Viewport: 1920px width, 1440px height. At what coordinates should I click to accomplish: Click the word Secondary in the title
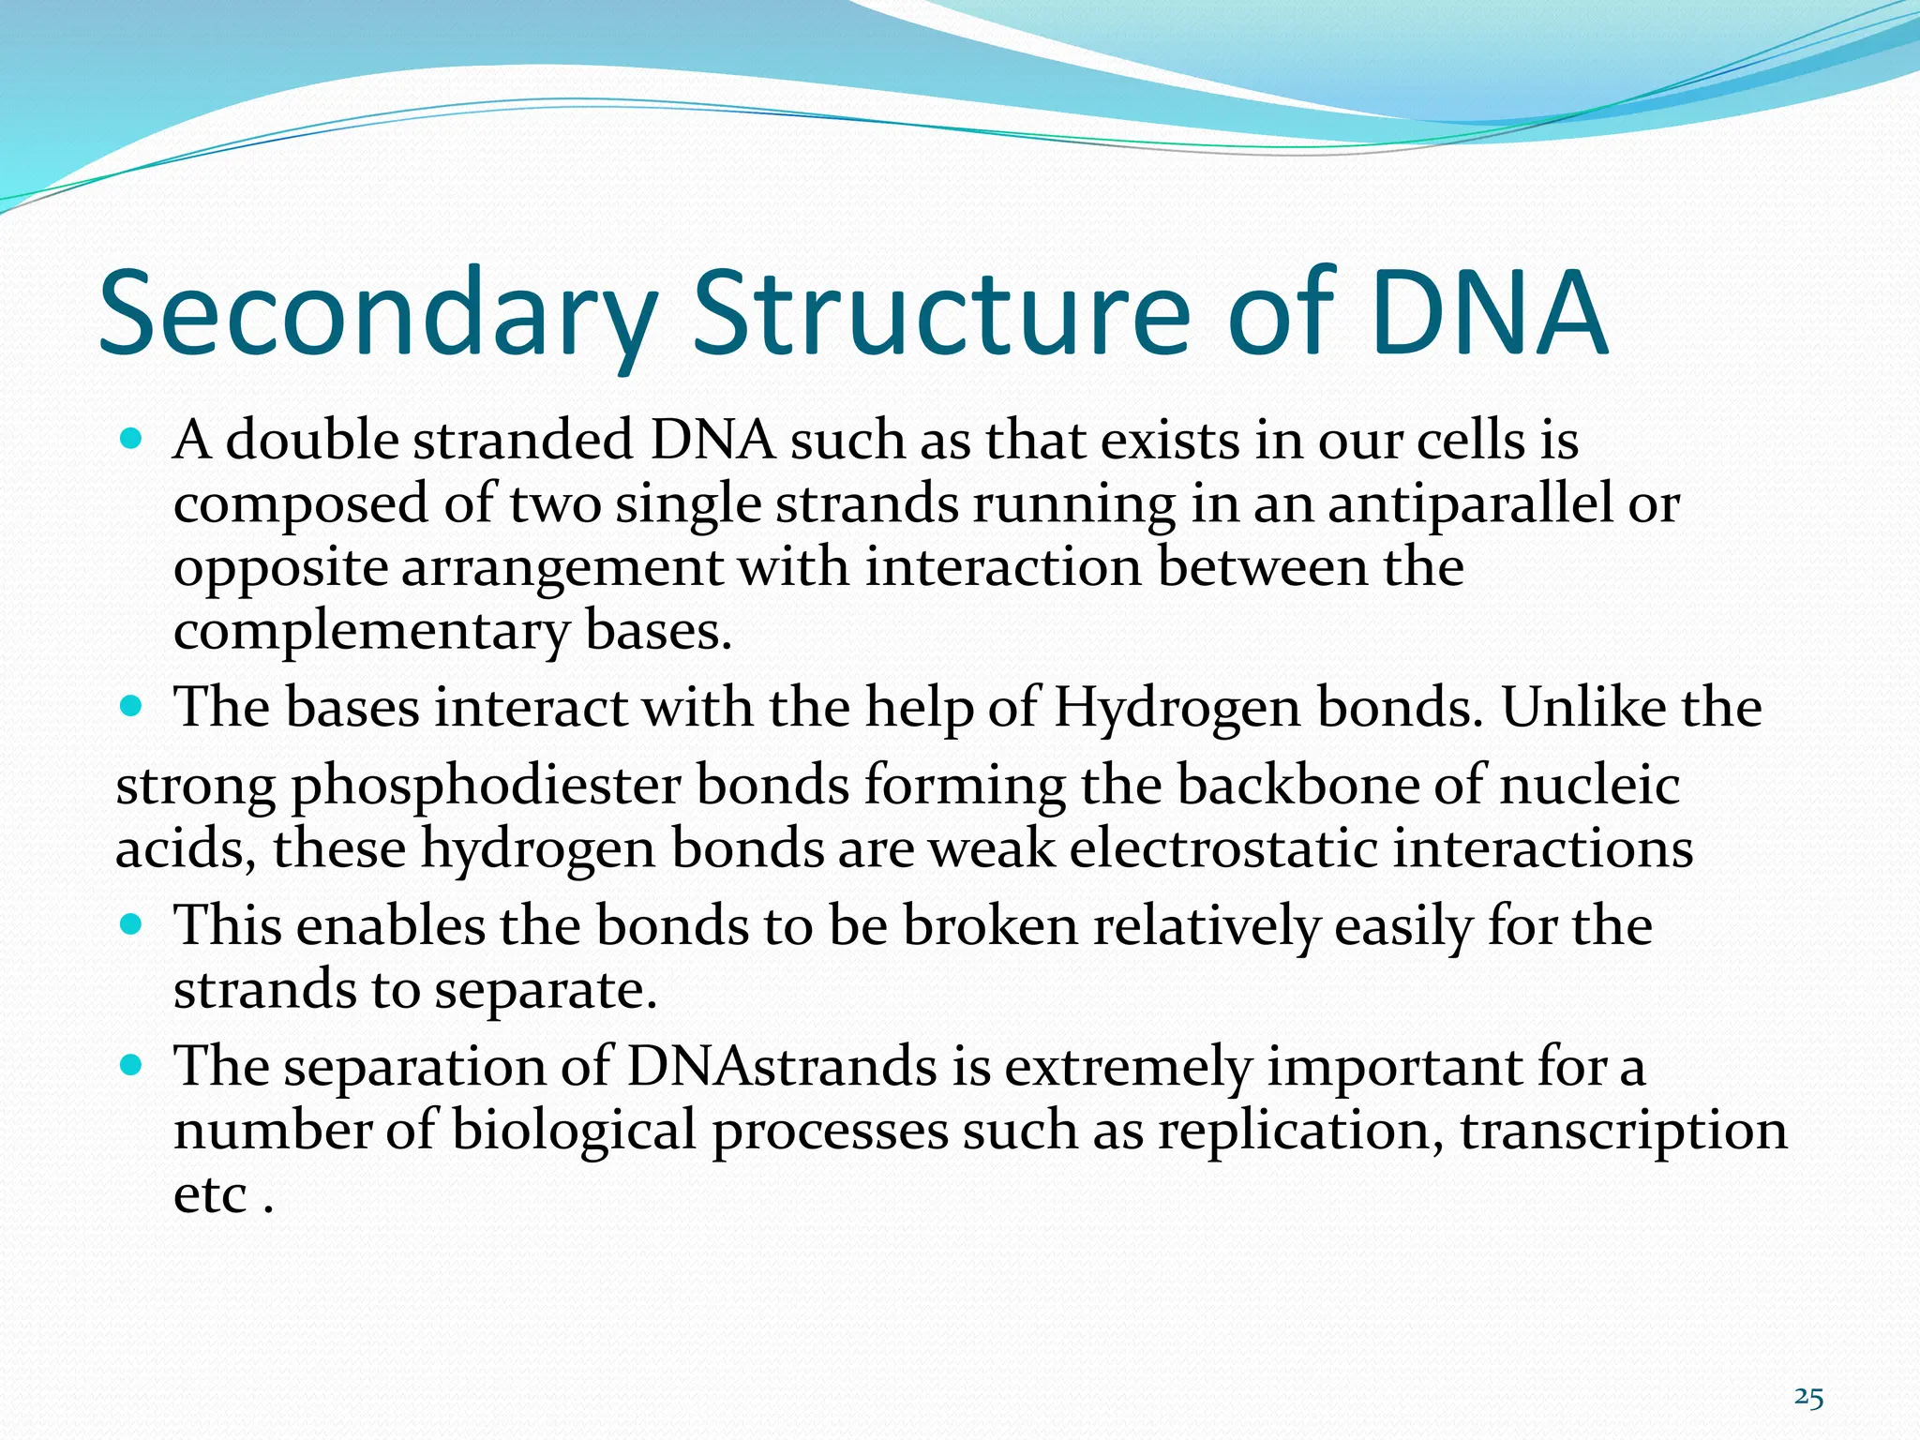(375, 314)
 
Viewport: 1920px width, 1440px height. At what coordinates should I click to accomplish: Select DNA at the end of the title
(1488, 314)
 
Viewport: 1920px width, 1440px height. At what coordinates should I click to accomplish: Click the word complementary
(370, 633)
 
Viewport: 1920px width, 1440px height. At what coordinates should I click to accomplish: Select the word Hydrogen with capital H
(1177, 708)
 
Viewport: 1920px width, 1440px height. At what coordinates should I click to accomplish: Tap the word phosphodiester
(486, 787)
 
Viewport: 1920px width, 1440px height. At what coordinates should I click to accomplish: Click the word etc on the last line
(210, 1195)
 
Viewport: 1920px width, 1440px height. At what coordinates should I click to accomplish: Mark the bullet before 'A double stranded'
(131, 438)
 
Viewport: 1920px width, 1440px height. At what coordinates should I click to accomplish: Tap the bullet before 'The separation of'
(131, 1066)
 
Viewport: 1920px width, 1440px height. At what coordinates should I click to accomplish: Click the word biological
(574, 1132)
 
